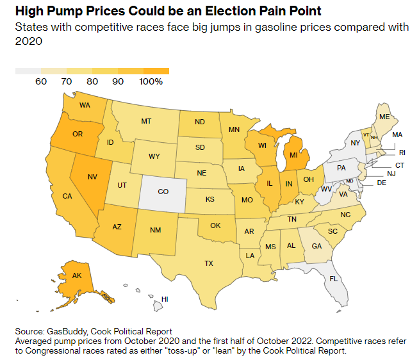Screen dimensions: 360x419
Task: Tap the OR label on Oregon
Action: point(78,134)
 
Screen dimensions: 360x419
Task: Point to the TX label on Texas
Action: point(209,263)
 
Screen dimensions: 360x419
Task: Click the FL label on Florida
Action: point(333,279)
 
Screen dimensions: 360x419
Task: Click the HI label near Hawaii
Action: point(165,299)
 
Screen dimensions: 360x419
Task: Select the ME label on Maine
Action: point(384,117)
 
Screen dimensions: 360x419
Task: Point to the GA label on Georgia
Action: point(316,245)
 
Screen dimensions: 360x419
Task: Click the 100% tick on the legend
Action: point(151,81)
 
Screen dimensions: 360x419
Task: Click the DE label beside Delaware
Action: point(382,183)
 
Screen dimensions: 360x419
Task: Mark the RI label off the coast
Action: point(402,152)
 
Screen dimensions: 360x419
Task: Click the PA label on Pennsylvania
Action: point(341,168)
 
